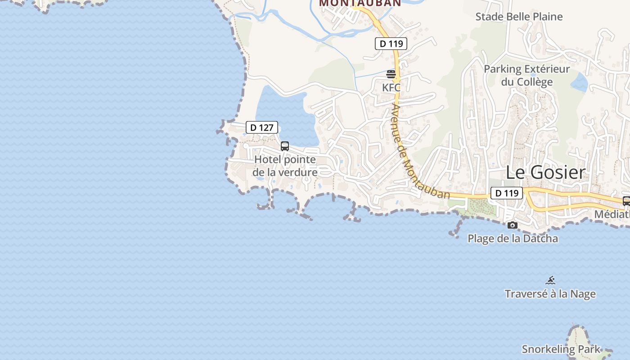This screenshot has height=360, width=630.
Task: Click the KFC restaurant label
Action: tap(391, 87)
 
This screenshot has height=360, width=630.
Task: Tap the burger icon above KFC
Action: tap(391, 74)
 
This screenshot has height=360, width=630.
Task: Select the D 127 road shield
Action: tap(262, 127)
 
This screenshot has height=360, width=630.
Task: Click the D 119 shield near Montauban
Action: tap(391, 44)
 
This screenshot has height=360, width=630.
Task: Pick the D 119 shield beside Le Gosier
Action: tap(506, 193)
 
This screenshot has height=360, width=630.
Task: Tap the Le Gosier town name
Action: tap(545, 172)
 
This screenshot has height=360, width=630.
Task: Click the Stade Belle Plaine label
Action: tap(519, 17)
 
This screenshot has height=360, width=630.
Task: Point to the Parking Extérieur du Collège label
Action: tap(526, 76)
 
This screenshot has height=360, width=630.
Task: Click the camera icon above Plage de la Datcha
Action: tap(512, 225)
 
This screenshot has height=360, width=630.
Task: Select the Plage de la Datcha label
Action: tap(513, 238)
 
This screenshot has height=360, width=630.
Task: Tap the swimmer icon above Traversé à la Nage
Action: tap(550, 280)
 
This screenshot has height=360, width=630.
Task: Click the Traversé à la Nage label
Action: tap(550, 294)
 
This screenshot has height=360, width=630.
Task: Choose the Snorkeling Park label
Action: tap(561, 349)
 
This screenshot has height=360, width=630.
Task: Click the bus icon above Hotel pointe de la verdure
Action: tap(285, 146)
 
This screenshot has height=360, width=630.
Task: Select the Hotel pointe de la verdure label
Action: tap(285, 166)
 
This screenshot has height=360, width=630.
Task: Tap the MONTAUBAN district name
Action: tap(360, 3)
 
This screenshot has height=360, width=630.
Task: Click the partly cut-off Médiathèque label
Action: tap(612, 214)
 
